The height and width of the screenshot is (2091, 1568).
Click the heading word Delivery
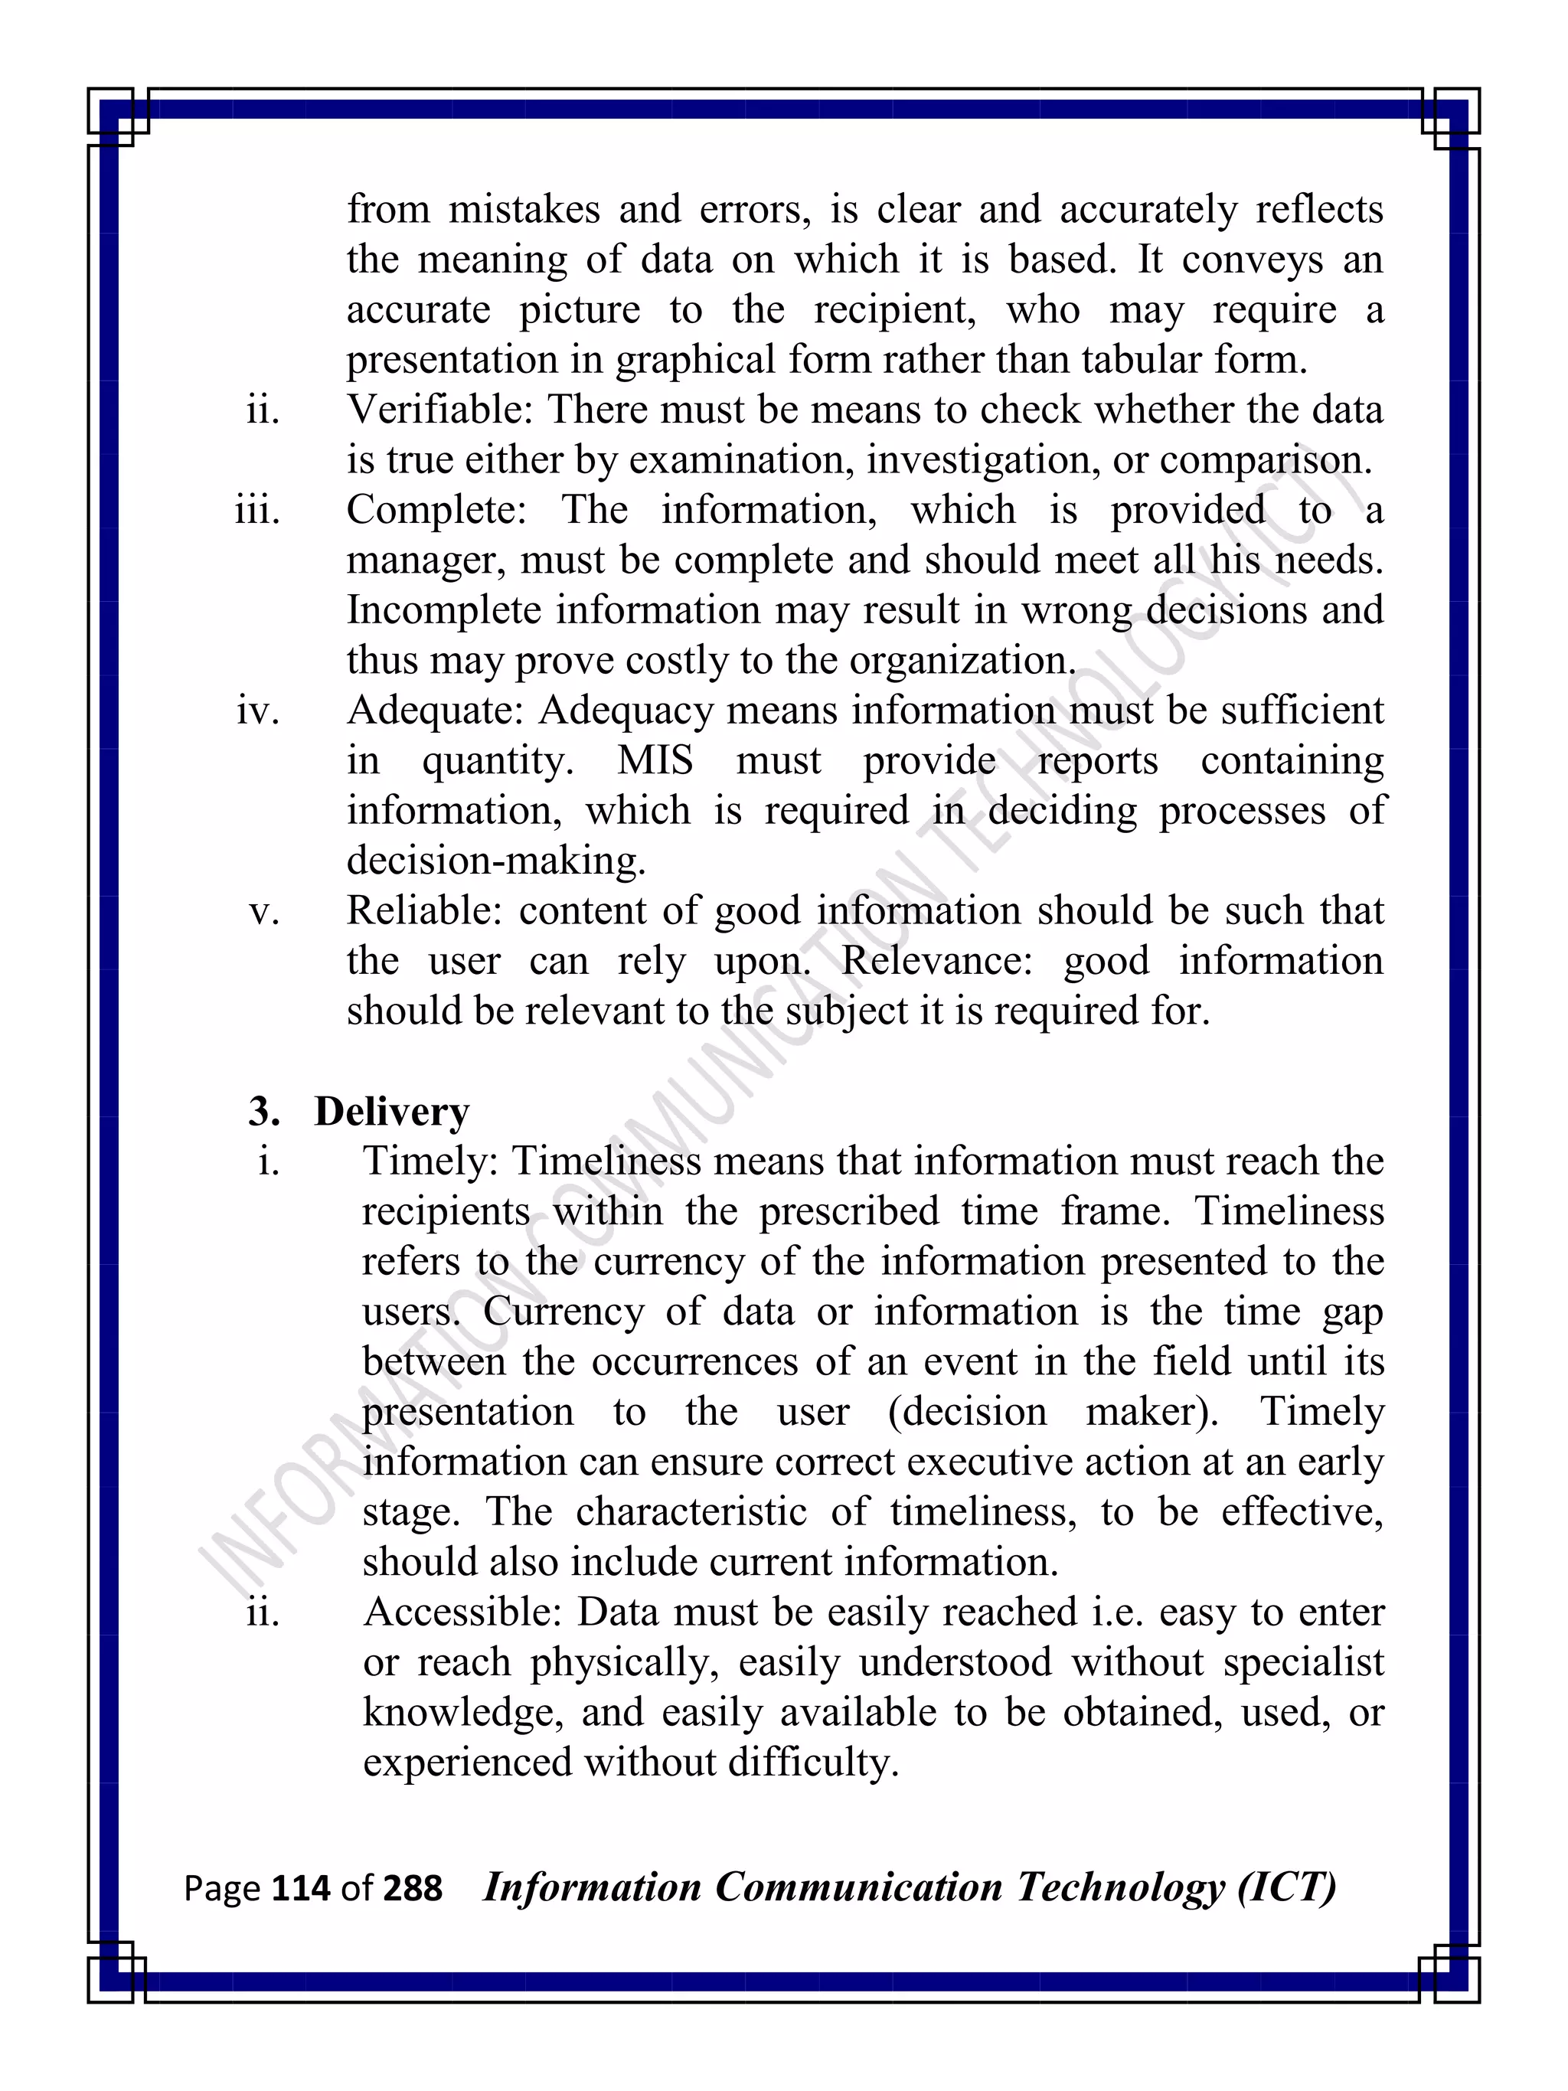391,1112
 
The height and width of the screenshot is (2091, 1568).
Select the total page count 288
412,1888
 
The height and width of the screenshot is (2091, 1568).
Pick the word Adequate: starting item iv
435,711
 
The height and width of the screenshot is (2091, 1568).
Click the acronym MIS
655,761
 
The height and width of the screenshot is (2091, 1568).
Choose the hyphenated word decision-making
496,861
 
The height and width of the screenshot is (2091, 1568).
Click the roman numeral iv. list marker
258,711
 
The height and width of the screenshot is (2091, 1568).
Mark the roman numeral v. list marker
265,911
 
